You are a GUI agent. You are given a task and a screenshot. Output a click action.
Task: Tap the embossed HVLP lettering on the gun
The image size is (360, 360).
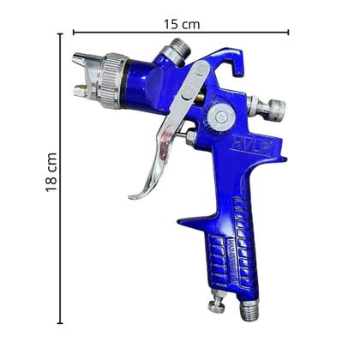pos(249,146)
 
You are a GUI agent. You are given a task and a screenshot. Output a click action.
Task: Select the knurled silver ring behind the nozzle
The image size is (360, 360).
pos(114,71)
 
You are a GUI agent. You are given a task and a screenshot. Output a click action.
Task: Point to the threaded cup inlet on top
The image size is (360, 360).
pos(177,51)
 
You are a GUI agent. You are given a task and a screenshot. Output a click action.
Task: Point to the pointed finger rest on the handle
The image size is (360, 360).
pos(184,225)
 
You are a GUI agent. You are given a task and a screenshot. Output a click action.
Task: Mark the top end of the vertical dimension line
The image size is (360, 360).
pos(60,33)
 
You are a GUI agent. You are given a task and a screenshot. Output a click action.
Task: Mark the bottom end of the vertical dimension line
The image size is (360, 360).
pos(60,324)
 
